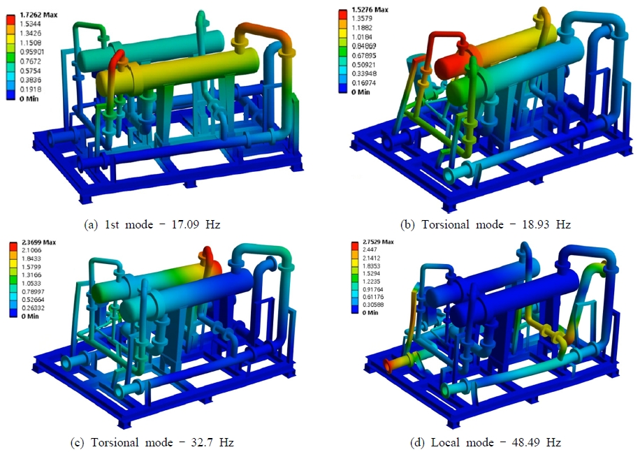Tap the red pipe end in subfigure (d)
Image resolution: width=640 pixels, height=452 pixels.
[x=388, y=365]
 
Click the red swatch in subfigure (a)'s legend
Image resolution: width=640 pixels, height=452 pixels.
[x=11, y=22]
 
